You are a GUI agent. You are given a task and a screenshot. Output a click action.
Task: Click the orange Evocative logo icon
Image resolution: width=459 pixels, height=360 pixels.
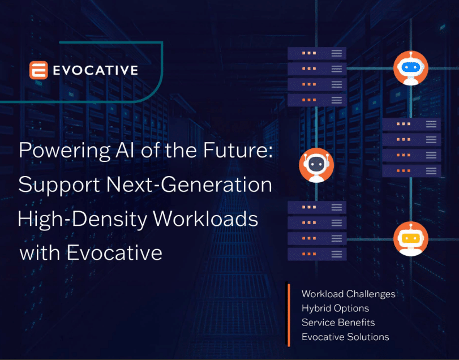tap(38, 70)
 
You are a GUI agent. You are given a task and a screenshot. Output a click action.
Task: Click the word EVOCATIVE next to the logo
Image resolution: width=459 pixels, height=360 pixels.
tap(96, 70)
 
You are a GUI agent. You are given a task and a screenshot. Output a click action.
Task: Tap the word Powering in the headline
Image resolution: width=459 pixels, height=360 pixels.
tap(65, 151)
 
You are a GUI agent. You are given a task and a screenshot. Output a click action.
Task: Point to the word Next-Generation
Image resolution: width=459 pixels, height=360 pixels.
tap(190, 185)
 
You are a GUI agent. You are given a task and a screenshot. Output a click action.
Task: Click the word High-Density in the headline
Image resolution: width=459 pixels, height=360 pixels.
tap(82, 219)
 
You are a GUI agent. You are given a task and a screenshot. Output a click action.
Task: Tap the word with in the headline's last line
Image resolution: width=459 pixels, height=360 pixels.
tap(40, 252)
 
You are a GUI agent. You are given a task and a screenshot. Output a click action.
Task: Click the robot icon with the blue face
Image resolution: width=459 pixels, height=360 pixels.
tap(411, 68)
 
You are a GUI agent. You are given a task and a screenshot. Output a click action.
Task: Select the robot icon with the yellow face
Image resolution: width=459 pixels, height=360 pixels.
tap(411, 239)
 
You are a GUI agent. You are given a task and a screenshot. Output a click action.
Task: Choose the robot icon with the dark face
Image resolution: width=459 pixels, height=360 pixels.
tap(316, 165)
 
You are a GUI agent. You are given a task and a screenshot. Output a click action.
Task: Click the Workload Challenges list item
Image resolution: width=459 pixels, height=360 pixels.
tap(348, 294)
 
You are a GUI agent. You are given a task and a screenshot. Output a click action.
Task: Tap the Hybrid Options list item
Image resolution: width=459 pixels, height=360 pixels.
tap(335, 308)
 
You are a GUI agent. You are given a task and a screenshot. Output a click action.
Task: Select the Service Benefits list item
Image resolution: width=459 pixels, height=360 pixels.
tap(338, 323)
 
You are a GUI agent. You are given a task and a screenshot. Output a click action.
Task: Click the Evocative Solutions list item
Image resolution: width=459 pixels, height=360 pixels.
tap(345, 337)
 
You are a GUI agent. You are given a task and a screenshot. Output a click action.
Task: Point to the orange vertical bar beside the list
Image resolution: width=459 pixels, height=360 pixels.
tap(289, 315)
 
